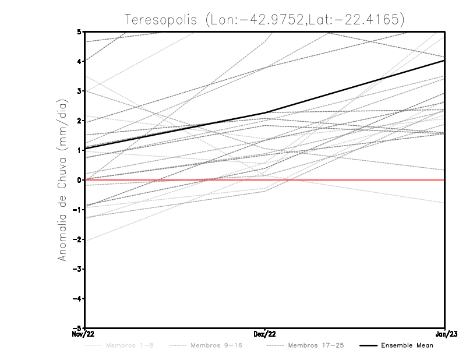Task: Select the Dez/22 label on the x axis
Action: point(265,334)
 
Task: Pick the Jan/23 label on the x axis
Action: point(444,334)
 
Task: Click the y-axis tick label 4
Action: point(79,61)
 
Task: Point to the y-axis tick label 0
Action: point(79,180)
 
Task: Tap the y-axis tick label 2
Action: point(79,121)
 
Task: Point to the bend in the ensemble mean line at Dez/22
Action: point(265,113)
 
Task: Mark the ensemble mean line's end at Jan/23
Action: point(444,61)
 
